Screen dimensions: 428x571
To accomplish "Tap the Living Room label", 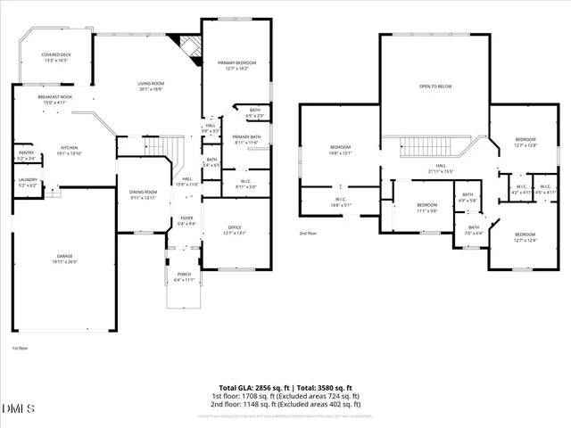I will coord(151,86).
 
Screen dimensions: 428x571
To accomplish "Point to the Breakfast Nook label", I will coord(54,99).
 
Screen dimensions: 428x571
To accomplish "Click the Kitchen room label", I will coord(70,151).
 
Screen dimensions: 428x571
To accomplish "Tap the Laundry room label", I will coord(27,183).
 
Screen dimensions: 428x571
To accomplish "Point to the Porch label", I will coord(185,277).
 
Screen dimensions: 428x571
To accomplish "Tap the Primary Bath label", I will coord(245,139).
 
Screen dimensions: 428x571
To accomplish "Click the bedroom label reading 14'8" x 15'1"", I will coord(340,149).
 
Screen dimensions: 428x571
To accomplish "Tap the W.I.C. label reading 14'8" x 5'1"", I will coord(340,202).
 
